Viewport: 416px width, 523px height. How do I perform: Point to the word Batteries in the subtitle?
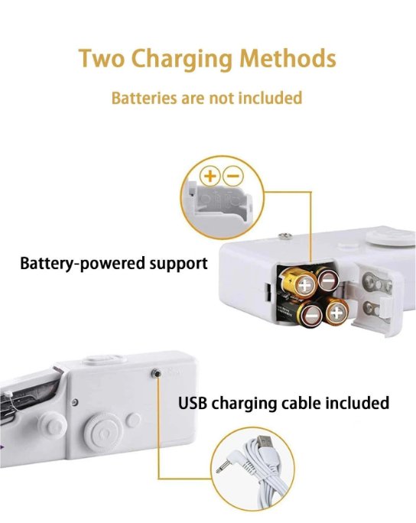click(x=144, y=98)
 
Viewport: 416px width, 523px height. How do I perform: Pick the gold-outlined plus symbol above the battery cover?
click(x=210, y=175)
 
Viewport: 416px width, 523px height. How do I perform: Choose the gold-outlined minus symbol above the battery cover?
click(x=233, y=175)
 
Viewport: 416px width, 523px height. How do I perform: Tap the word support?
click(x=178, y=264)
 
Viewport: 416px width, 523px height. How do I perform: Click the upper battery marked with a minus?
click(x=328, y=280)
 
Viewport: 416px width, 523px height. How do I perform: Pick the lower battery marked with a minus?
click(x=312, y=315)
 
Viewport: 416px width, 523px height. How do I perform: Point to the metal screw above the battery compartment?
click(x=285, y=236)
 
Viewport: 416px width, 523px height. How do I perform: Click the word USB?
click(x=193, y=403)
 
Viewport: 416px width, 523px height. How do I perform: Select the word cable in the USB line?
click(x=301, y=403)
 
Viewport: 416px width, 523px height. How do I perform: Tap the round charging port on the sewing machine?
click(x=156, y=373)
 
